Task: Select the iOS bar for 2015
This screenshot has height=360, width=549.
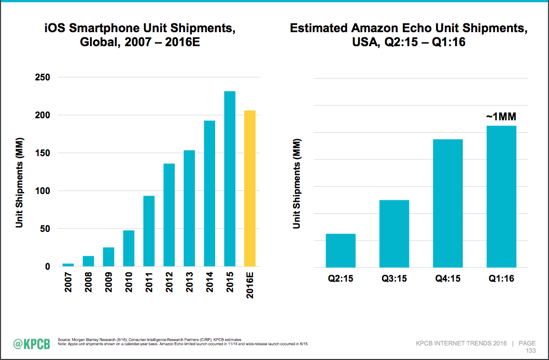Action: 230,179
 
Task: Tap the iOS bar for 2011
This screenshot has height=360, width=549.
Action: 149,231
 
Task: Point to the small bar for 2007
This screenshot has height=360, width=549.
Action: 68,265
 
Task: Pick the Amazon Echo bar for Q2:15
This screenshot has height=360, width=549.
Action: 341,250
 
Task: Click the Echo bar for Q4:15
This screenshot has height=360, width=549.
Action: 448,203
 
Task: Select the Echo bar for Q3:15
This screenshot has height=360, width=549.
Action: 394,233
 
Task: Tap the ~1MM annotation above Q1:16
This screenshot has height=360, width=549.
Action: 501,116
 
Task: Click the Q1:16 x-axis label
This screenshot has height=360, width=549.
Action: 501,279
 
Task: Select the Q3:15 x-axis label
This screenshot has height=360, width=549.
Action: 394,279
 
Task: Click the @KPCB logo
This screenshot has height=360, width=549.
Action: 31,344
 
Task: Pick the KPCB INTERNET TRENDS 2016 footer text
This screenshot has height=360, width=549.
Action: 460,343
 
